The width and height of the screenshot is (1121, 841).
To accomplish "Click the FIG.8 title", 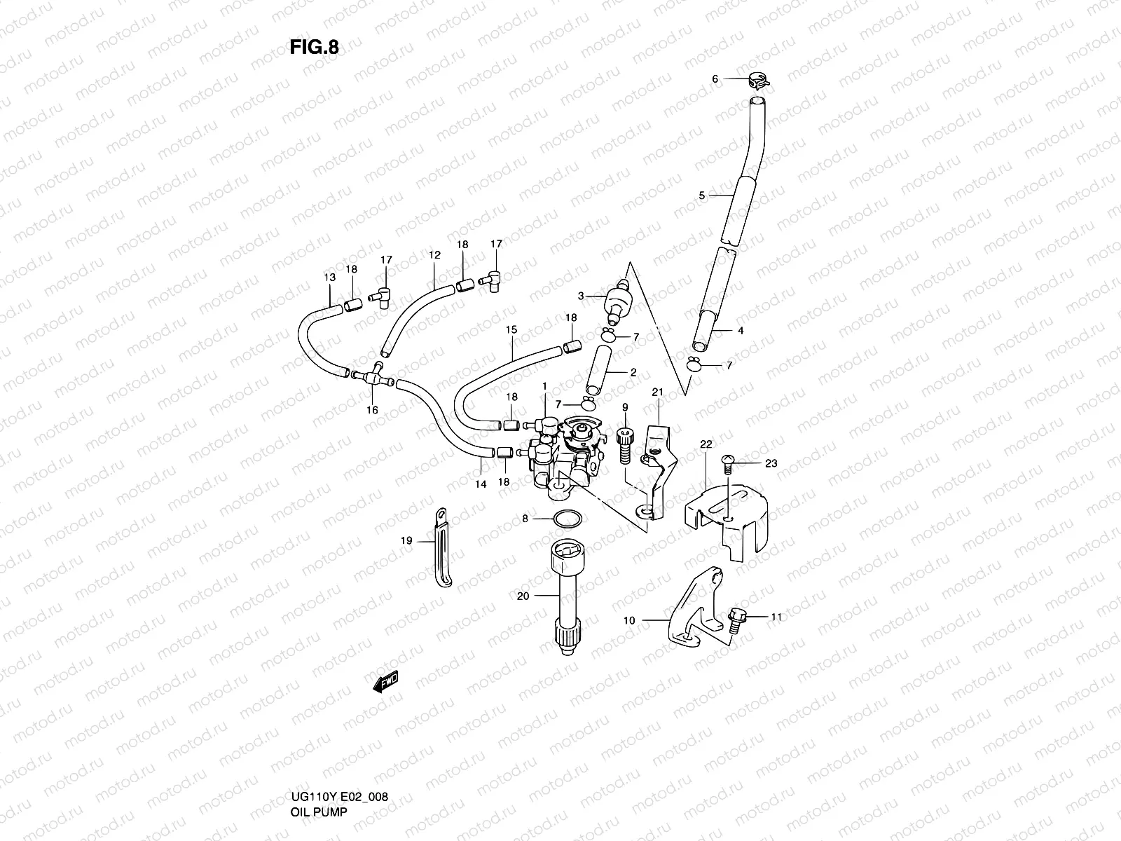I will click(314, 47).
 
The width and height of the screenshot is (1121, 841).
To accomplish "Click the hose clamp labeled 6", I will click(757, 81).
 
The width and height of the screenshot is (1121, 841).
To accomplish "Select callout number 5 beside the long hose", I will click(702, 196).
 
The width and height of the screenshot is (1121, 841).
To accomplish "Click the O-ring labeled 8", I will click(566, 519).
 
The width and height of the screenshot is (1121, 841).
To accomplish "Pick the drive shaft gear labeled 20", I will click(564, 595).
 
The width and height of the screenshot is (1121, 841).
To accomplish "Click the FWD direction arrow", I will click(385, 681).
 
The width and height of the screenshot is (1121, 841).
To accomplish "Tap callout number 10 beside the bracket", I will click(628, 620).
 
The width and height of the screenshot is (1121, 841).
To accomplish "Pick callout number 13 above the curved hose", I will click(329, 278).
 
